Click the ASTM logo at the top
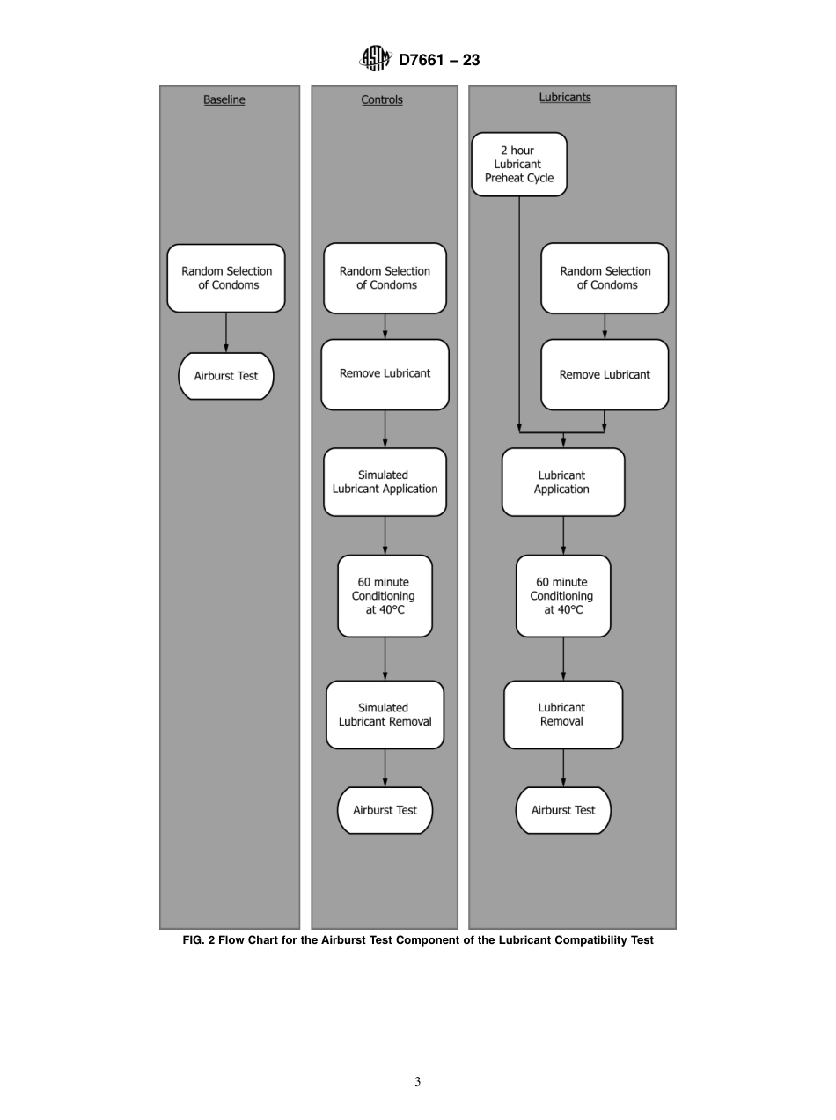click(x=375, y=59)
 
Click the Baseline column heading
click(x=224, y=99)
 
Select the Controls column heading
click(x=382, y=99)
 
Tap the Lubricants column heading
click(x=565, y=97)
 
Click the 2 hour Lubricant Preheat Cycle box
click(x=519, y=164)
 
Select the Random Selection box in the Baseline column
click(x=226, y=278)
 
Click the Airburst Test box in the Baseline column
click(x=226, y=376)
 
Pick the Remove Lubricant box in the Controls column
click(x=385, y=374)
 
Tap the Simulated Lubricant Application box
click(x=385, y=482)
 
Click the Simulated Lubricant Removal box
click(x=385, y=714)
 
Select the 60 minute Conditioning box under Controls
click(x=385, y=596)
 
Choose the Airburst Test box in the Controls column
click(x=385, y=810)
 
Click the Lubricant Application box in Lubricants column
click(x=563, y=482)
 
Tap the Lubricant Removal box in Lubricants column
click(x=563, y=714)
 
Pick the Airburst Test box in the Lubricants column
click(x=563, y=810)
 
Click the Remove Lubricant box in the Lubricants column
click(x=605, y=374)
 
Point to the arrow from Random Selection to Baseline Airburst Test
click(x=226, y=332)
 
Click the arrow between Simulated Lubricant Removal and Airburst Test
click(x=385, y=767)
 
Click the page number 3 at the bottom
click(x=418, y=1082)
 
